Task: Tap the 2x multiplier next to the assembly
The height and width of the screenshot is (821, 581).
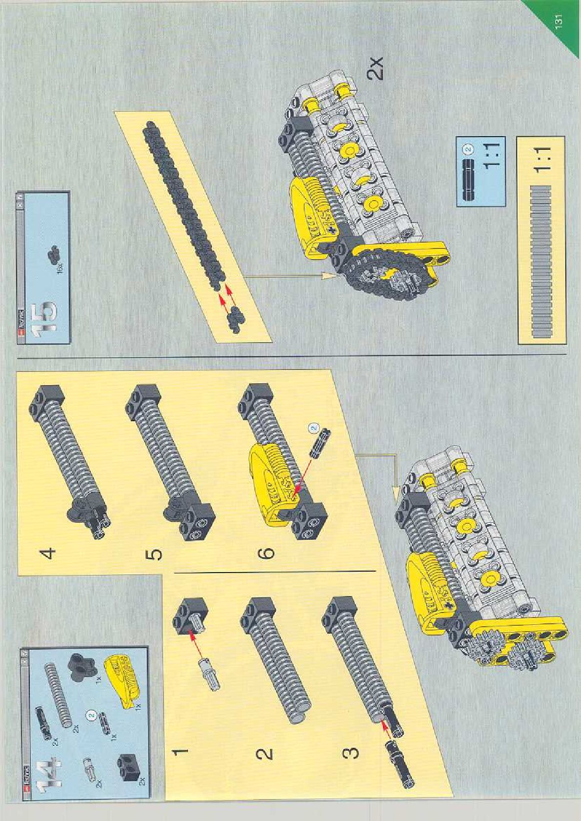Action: [375, 68]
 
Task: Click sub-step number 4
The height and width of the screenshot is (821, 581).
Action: [48, 553]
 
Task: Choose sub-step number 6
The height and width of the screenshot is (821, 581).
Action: [267, 553]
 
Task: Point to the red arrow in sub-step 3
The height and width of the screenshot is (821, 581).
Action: [386, 728]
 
